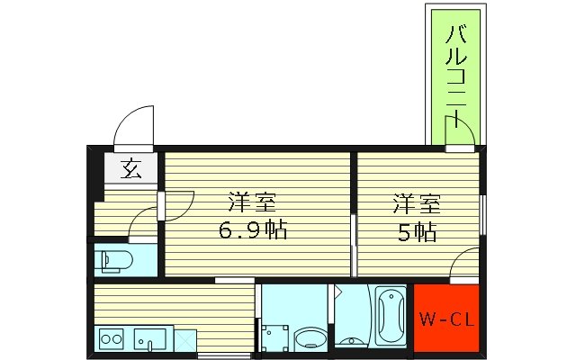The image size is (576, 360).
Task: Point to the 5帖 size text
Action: tap(417, 231)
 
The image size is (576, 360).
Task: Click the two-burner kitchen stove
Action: tap(112, 340)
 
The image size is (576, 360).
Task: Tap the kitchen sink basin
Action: tap(149, 340)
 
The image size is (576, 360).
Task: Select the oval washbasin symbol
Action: tap(310, 340)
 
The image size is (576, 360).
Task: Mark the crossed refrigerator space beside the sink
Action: tap(184, 341)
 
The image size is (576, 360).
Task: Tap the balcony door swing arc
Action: tap(462, 133)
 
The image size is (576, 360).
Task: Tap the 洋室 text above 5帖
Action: tap(417, 202)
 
